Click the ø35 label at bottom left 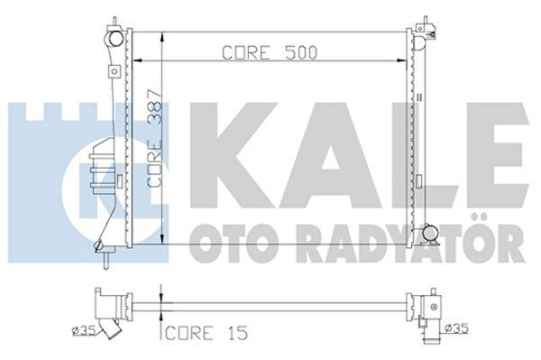(x=83, y=330)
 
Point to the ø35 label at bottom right (x=457, y=328)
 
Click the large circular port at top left (x=115, y=38)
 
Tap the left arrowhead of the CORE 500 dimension (x=137, y=60)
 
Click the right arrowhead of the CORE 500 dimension (x=401, y=60)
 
